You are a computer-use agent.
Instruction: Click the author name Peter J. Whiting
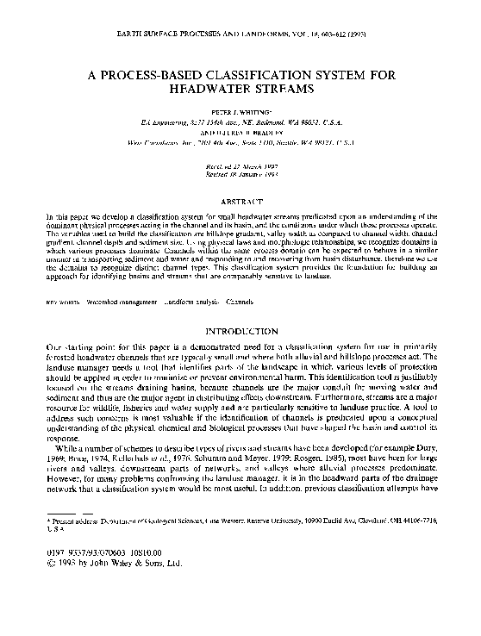(240, 113)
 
